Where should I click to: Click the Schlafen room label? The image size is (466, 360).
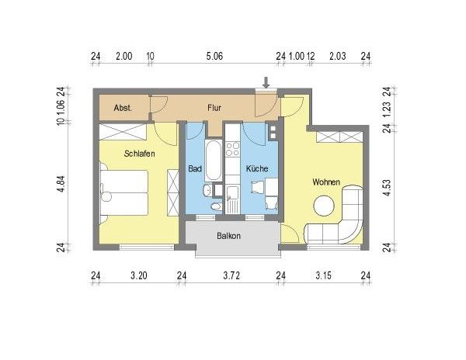click(x=140, y=154)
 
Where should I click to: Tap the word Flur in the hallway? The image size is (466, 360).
click(x=215, y=109)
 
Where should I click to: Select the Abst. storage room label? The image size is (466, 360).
click(x=123, y=109)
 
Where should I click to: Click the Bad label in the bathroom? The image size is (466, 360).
click(x=195, y=168)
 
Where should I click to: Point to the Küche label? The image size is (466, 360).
click(x=257, y=168)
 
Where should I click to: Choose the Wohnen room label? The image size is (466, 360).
click(x=325, y=182)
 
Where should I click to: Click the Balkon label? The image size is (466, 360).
click(x=228, y=236)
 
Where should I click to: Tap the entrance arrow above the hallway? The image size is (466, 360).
click(x=266, y=81)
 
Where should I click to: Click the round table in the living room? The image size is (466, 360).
click(x=324, y=206)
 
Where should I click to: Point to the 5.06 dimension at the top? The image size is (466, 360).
click(x=214, y=56)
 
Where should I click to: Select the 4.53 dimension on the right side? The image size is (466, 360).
click(x=386, y=189)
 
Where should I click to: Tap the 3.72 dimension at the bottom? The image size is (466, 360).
click(x=231, y=275)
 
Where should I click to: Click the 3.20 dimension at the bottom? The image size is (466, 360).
click(x=138, y=275)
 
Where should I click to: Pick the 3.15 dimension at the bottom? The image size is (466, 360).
click(x=322, y=275)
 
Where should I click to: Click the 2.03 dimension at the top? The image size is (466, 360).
click(x=337, y=56)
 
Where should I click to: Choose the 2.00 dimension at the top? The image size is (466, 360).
click(x=123, y=56)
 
